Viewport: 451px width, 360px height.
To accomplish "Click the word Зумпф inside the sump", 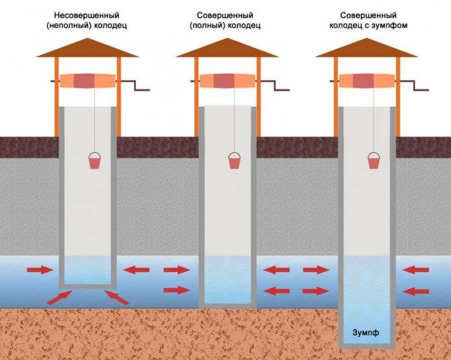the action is (366, 332).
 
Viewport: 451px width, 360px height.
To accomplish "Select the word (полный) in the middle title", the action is (207, 26).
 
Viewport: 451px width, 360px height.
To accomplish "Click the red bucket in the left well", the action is (95, 161).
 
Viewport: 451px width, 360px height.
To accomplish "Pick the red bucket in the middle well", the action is (235, 161).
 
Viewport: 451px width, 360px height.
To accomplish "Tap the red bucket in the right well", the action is (374, 161).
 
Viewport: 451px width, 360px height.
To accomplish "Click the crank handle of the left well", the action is (136, 85).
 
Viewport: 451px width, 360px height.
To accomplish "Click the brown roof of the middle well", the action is (227, 48).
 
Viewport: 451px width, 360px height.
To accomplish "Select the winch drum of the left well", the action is (88, 81).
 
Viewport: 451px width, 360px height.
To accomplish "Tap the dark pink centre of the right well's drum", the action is (363, 81).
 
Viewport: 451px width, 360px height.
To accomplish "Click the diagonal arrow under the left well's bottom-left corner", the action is (59, 298).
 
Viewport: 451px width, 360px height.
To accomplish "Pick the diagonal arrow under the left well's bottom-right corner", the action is (116, 298).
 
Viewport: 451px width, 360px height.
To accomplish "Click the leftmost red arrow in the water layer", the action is (40, 270).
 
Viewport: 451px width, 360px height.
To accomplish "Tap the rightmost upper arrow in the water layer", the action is (415, 270).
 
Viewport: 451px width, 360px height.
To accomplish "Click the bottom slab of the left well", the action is (88, 286).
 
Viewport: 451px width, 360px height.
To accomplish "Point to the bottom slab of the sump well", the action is (367, 346).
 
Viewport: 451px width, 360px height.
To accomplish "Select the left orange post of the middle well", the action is (196, 97).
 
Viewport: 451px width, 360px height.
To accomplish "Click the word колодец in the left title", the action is (110, 26).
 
